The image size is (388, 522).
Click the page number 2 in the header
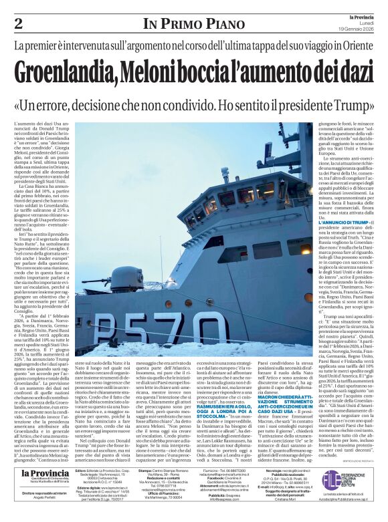click(18, 24)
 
